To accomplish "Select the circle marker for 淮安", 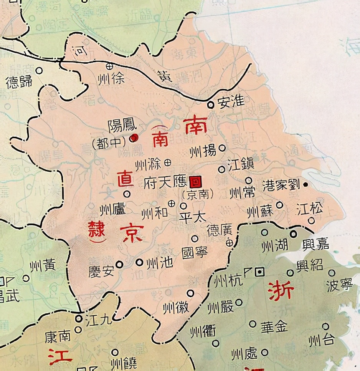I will (x=210, y=104).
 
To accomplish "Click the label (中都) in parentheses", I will (x=109, y=143).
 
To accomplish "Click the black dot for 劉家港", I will (x=306, y=185).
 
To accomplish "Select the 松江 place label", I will (x=310, y=209).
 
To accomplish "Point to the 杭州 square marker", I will (x=261, y=272).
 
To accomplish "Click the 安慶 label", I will (x=101, y=272).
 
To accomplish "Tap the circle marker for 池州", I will (x=139, y=262).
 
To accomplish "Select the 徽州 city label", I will (x=175, y=307).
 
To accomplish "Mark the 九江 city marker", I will (x=79, y=318).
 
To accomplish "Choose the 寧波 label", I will (x=339, y=286).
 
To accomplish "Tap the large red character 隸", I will (x=96, y=231).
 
